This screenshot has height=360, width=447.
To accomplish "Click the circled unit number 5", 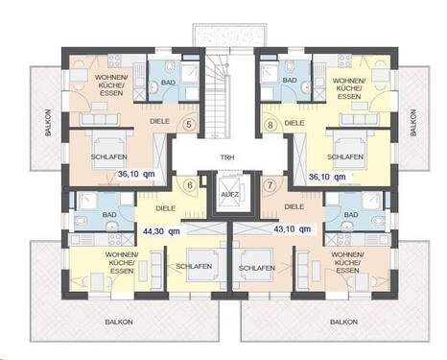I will [x=189, y=124].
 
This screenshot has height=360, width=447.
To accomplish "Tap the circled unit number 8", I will [x=270, y=124].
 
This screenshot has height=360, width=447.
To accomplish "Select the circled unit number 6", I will [x=189, y=185].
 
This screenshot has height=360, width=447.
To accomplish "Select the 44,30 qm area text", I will [x=160, y=230].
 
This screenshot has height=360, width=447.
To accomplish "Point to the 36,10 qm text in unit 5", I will [x=136, y=175].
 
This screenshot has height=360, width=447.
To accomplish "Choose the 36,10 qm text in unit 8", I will [x=324, y=177].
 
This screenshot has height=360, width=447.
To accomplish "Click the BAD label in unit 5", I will [x=168, y=84].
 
